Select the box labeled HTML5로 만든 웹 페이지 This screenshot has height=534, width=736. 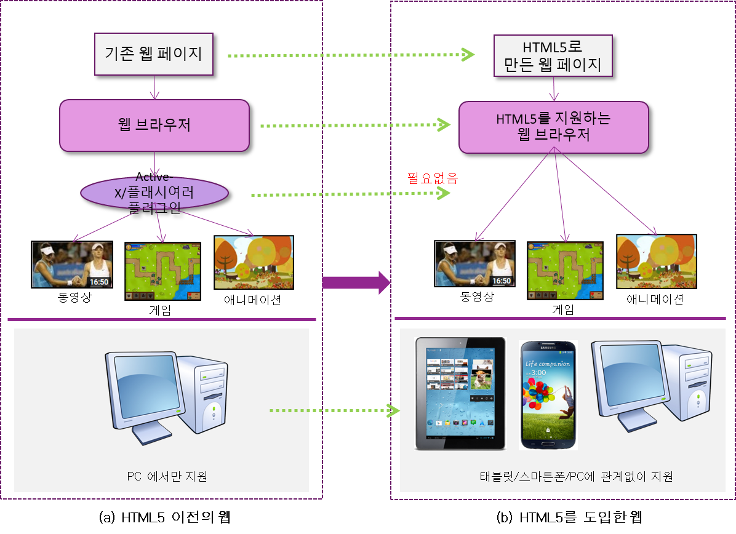553,56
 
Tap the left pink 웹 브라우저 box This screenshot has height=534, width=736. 154,126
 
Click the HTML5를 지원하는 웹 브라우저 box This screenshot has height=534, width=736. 553,127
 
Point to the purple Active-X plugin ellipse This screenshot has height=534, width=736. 154,193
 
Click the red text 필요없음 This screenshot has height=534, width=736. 433,178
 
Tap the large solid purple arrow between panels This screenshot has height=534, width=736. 357,282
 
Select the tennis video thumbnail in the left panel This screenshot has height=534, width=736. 72,265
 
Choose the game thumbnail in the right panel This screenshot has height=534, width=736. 564,271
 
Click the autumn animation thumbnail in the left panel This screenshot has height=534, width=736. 254,262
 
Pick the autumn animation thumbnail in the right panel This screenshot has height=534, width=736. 657,261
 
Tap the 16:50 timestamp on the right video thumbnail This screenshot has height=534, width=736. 502,281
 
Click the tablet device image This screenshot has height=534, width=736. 460,393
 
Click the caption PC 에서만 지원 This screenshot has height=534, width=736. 167,476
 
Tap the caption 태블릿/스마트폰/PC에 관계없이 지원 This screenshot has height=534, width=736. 576,476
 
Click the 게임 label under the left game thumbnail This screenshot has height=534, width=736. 161,310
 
